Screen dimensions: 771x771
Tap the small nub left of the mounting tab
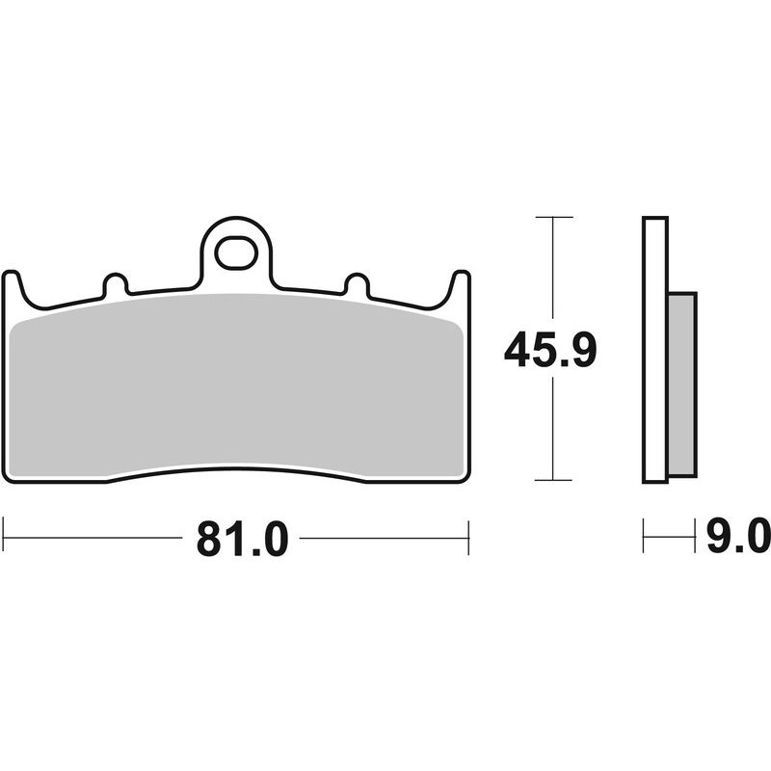(x=115, y=285)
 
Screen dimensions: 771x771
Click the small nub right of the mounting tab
(x=356, y=285)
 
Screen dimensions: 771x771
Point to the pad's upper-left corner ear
(x=13, y=280)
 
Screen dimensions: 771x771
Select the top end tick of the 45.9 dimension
(x=551, y=218)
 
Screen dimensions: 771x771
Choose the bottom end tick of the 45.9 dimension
(x=551, y=480)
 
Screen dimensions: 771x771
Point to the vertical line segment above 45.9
(x=551, y=270)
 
